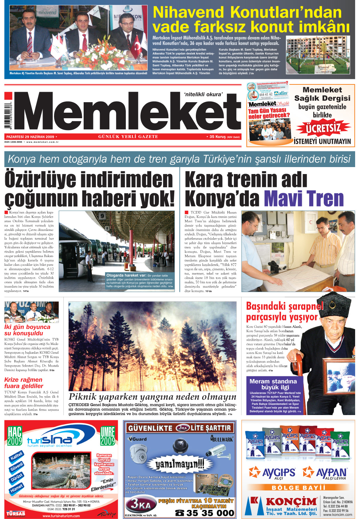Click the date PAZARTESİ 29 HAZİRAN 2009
[x=31, y=137]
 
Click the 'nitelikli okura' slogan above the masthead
[x=203, y=94]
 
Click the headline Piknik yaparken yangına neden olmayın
[x=152, y=397]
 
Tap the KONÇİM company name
[x=291, y=502]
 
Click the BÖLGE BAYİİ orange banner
[x=298, y=487]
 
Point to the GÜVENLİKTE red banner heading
[x=179, y=428]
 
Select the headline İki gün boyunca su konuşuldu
[x=27, y=330]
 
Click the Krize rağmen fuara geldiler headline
[x=24, y=383]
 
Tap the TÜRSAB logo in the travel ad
[x=16, y=513]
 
